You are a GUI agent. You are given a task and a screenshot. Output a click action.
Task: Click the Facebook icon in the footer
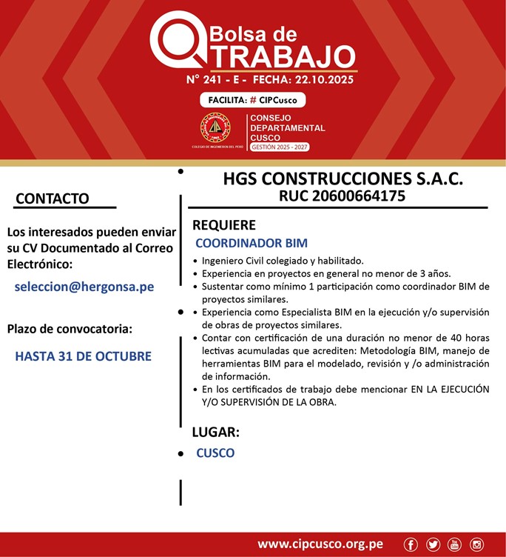tap(411, 545)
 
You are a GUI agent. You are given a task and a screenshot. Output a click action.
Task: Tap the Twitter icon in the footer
tap(433, 545)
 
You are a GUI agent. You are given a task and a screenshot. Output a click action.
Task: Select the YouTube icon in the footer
tap(454, 545)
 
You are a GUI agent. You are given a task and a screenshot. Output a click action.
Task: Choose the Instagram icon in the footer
tap(476, 545)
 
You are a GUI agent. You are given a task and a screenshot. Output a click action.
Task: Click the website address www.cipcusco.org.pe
tap(320, 544)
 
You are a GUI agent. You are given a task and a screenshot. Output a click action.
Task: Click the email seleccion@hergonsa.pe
tap(84, 287)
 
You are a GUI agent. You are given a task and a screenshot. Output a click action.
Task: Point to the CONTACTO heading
tap(52, 199)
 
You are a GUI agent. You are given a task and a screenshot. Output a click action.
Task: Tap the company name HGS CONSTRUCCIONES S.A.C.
tap(343, 180)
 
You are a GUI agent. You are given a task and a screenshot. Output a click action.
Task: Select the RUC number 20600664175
tap(342, 196)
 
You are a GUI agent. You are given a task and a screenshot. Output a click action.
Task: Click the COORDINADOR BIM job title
tap(252, 243)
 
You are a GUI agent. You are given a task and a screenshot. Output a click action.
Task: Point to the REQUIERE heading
tap(223, 225)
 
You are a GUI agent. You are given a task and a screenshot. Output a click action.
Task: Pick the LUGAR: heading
tap(215, 433)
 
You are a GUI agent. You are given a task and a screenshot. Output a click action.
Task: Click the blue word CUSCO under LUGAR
tap(215, 453)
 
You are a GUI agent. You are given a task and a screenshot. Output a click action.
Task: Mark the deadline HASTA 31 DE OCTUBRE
tap(83, 356)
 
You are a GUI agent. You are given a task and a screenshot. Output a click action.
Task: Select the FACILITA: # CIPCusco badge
tap(252, 101)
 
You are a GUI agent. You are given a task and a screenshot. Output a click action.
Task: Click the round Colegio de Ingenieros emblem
tap(215, 128)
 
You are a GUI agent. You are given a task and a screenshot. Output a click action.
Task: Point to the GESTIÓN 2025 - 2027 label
tap(280, 147)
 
